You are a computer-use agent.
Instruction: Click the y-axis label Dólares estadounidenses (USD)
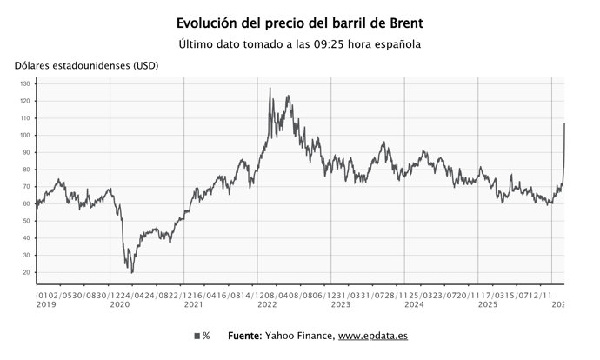85,66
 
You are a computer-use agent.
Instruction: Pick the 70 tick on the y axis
26,187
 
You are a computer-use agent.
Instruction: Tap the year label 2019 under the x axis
45,304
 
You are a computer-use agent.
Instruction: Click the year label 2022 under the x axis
268,304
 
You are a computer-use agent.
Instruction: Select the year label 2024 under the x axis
416,304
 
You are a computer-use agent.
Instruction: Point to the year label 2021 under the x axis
194,304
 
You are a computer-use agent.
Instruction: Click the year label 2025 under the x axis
489,304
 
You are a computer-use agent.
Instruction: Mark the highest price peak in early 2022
270,89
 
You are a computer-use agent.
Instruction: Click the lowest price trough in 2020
132,272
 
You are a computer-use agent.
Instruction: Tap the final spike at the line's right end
564,123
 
